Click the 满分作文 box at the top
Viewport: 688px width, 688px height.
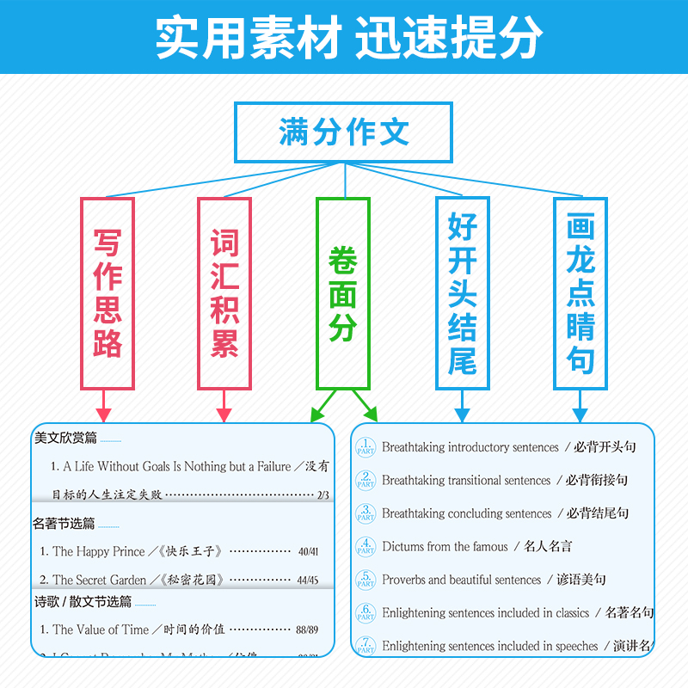[x=343, y=132]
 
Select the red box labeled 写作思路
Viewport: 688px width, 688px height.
[x=107, y=293]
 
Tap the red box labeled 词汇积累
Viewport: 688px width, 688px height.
[x=224, y=293]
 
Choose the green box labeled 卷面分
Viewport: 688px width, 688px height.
[x=342, y=293]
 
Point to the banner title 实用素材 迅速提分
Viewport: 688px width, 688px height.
[x=344, y=37]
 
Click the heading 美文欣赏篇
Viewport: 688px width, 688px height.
[x=66, y=438]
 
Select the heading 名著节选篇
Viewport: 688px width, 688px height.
[x=64, y=523]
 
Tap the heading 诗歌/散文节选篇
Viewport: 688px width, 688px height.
[x=83, y=601]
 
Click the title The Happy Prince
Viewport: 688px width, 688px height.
[x=99, y=551]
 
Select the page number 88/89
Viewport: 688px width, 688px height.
[x=306, y=630]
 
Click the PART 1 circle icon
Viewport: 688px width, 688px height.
[x=365, y=447]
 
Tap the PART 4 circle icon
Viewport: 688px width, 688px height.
[x=365, y=547]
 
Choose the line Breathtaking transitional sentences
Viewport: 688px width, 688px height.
[x=466, y=481]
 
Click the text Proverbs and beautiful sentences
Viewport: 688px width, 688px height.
[x=462, y=580]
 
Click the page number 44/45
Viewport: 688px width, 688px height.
[x=307, y=580]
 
